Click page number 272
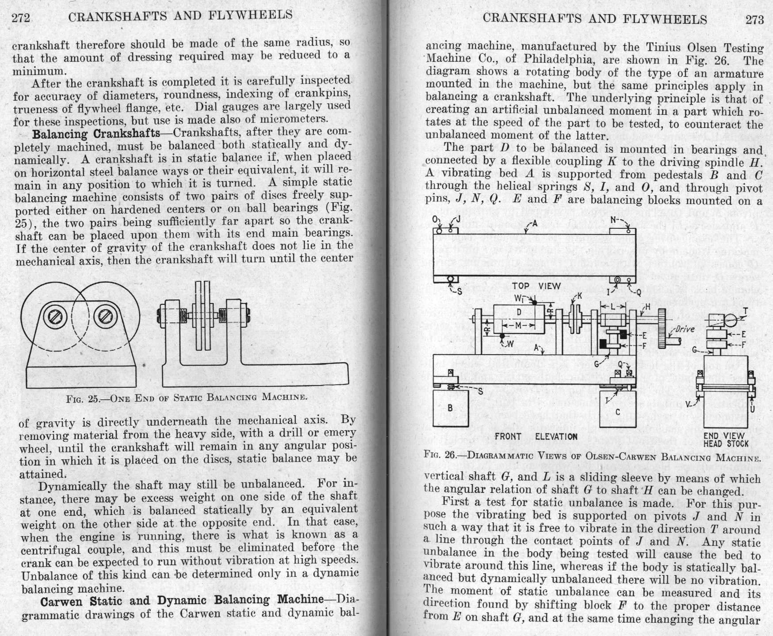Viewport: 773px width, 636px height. point(21,18)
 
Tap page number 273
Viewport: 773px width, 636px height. point(754,19)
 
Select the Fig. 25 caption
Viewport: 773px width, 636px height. point(186,397)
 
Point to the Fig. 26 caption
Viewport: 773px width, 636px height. point(592,455)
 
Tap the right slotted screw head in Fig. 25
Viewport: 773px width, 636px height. point(106,316)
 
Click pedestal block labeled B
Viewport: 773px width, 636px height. point(450,408)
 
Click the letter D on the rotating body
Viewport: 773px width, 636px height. point(519,312)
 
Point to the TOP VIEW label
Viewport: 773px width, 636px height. point(536,286)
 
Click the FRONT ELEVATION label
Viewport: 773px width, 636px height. point(536,437)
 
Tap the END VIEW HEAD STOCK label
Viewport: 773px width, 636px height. point(726,440)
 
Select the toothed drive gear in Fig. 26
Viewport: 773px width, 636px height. point(662,329)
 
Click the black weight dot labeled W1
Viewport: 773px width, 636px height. point(534,303)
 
